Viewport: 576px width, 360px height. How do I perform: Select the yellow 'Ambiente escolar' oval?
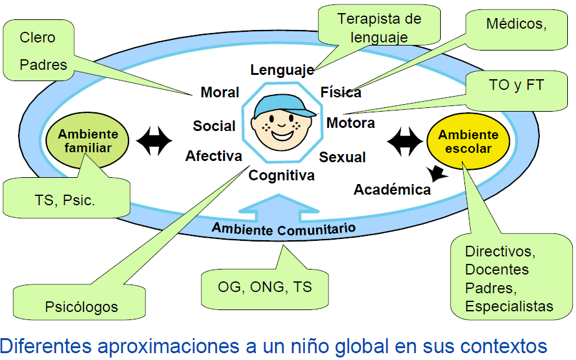coord(467,142)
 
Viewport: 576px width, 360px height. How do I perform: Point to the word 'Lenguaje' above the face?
coord(282,70)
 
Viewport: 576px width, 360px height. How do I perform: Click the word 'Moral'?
coord(219,92)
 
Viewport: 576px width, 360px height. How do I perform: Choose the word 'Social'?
coord(214,126)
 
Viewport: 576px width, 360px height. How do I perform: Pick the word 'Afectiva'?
coord(213,156)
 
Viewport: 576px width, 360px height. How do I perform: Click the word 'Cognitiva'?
coord(281,176)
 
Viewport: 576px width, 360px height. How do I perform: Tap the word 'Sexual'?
coord(342,157)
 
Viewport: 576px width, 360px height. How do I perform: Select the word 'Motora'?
coord(350,123)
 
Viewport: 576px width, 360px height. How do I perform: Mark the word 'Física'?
coord(340,92)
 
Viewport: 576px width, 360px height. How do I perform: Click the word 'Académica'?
coord(392,190)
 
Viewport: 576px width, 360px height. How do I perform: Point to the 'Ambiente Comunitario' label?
coord(283,228)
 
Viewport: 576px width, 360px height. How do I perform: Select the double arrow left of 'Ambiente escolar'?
coord(405,142)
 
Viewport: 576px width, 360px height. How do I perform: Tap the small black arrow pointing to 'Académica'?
coord(439,175)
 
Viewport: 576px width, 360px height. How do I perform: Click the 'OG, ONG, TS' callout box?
coord(264,287)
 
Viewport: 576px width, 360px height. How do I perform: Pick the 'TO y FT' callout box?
coord(516,85)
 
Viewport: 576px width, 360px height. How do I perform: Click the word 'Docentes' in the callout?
coord(497,270)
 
